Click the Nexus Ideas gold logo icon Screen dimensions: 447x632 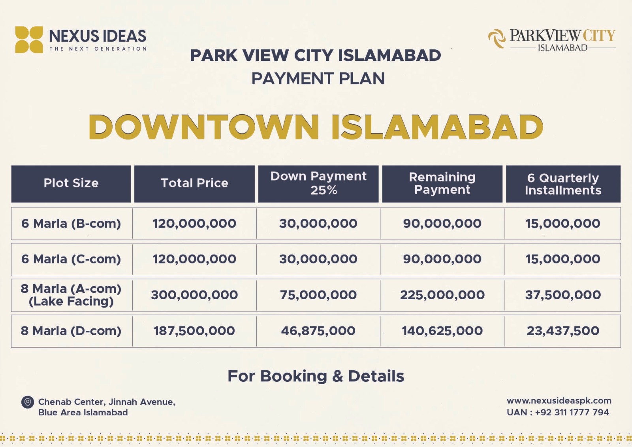29,40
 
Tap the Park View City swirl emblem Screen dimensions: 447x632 497,39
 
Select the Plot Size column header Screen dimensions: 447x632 71,183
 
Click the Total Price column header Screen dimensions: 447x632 194,183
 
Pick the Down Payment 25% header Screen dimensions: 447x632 318,183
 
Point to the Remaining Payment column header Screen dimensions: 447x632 442,183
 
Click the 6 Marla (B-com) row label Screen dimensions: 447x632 71,224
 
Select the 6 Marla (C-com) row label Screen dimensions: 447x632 71,259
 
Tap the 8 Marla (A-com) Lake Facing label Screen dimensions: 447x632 71,295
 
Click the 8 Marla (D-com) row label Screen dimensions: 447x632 71,331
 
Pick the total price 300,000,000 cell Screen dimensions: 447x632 194,295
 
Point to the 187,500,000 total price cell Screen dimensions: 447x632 194,331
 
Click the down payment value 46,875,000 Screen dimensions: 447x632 318,331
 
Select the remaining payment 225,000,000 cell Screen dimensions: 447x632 442,295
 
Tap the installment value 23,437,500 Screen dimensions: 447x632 563,331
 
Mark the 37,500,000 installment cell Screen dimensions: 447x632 563,295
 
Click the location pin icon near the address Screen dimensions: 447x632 27,402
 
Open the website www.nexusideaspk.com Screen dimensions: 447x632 559,401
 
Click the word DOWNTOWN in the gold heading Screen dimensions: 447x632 204,127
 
